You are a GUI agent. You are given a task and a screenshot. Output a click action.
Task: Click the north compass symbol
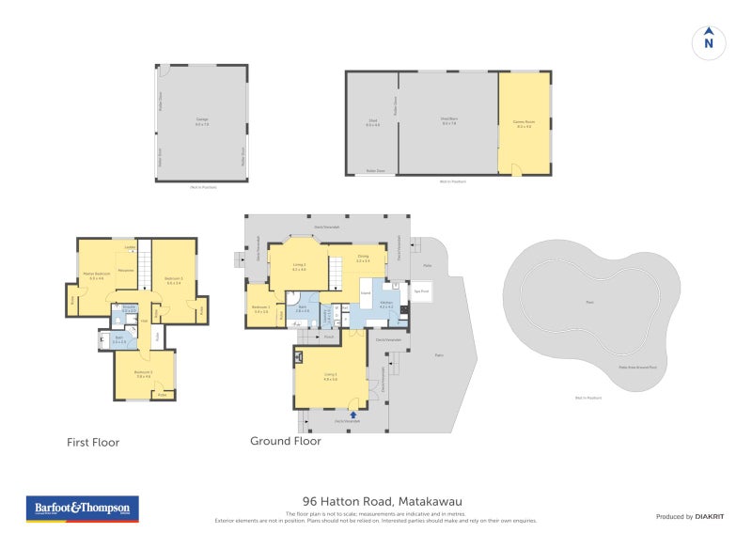tap(709, 41)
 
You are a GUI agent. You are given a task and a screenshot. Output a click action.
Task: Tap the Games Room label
tap(523, 122)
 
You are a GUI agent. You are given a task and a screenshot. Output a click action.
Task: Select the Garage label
tap(202, 120)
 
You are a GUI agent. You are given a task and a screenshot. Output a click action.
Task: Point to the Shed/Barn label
tap(447, 120)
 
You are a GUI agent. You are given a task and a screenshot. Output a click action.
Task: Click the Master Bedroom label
tap(97, 274)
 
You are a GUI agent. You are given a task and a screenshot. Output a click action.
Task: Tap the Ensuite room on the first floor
tap(128, 309)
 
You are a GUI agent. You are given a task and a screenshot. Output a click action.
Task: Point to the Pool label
tap(589, 302)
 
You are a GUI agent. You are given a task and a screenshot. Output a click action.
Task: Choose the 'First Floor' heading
tap(93, 442)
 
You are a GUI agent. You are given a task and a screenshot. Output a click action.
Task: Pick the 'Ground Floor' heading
tap(286, 440)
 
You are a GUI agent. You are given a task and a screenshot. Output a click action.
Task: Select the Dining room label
tap(363, 259)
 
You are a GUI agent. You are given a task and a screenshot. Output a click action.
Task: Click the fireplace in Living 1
tap(299, 357)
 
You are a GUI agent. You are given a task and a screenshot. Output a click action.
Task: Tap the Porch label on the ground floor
tap(329, 336)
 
